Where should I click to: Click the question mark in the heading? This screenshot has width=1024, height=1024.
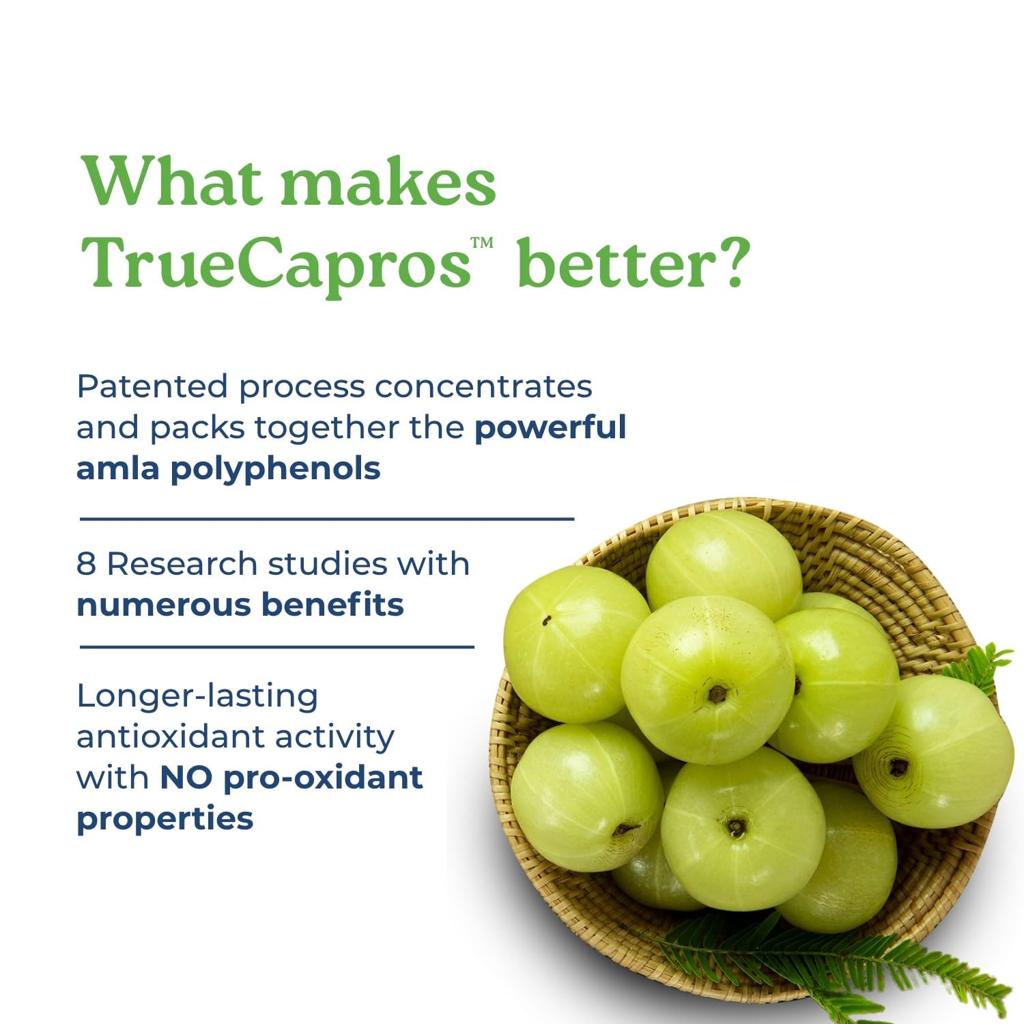pos(728,263)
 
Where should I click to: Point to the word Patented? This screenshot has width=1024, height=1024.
pos(152,386)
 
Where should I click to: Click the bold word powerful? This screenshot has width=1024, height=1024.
pos(550,428)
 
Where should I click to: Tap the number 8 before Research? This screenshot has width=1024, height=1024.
pos(86,565)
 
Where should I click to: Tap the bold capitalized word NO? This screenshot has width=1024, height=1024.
pos(186,778)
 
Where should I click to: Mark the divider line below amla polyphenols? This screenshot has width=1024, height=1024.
pos(326,519)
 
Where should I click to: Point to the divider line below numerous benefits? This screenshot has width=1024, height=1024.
pos(276,646)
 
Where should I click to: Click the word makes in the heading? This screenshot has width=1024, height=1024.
pos(388,182)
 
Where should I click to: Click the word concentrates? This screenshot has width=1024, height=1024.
pos(483,386)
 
